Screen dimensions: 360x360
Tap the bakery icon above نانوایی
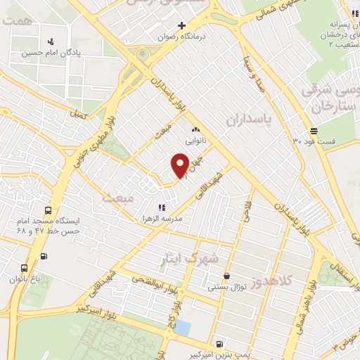[195, 129]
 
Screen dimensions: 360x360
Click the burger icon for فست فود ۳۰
[314, 131]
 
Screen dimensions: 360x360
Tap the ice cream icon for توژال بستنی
[226, 276]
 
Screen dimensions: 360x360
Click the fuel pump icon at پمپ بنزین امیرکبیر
[221, 345]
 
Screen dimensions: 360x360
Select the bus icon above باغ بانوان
[25, 268]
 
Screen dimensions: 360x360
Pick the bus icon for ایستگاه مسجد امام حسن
[48, 210]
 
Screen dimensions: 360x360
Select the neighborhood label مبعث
[117, 199]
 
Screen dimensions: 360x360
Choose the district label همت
[15, 22]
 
